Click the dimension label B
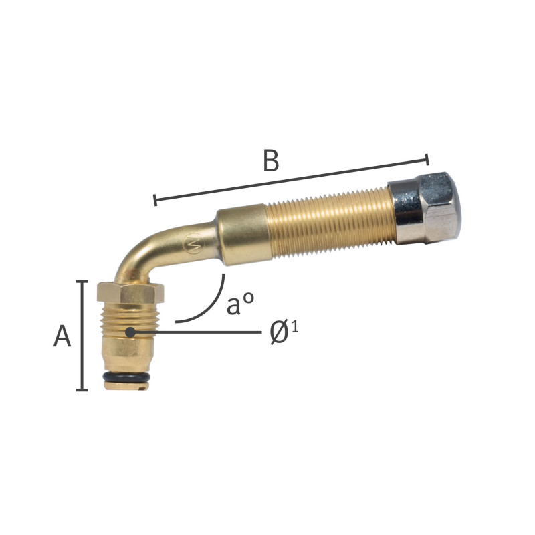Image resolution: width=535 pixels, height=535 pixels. (x=272, y=160)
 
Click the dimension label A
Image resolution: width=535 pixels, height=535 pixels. (x=62, y=336)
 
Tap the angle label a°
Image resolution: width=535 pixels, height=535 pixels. (x=240, y=304)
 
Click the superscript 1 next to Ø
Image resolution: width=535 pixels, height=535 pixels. (x=295, y=327)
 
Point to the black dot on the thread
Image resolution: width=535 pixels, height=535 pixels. (x=130, y=332)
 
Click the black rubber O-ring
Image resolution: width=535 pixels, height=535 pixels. (x=126, y=377)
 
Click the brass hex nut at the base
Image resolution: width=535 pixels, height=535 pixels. (x=130, y=292)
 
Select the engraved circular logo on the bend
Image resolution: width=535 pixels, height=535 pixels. (x=193, y=243)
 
